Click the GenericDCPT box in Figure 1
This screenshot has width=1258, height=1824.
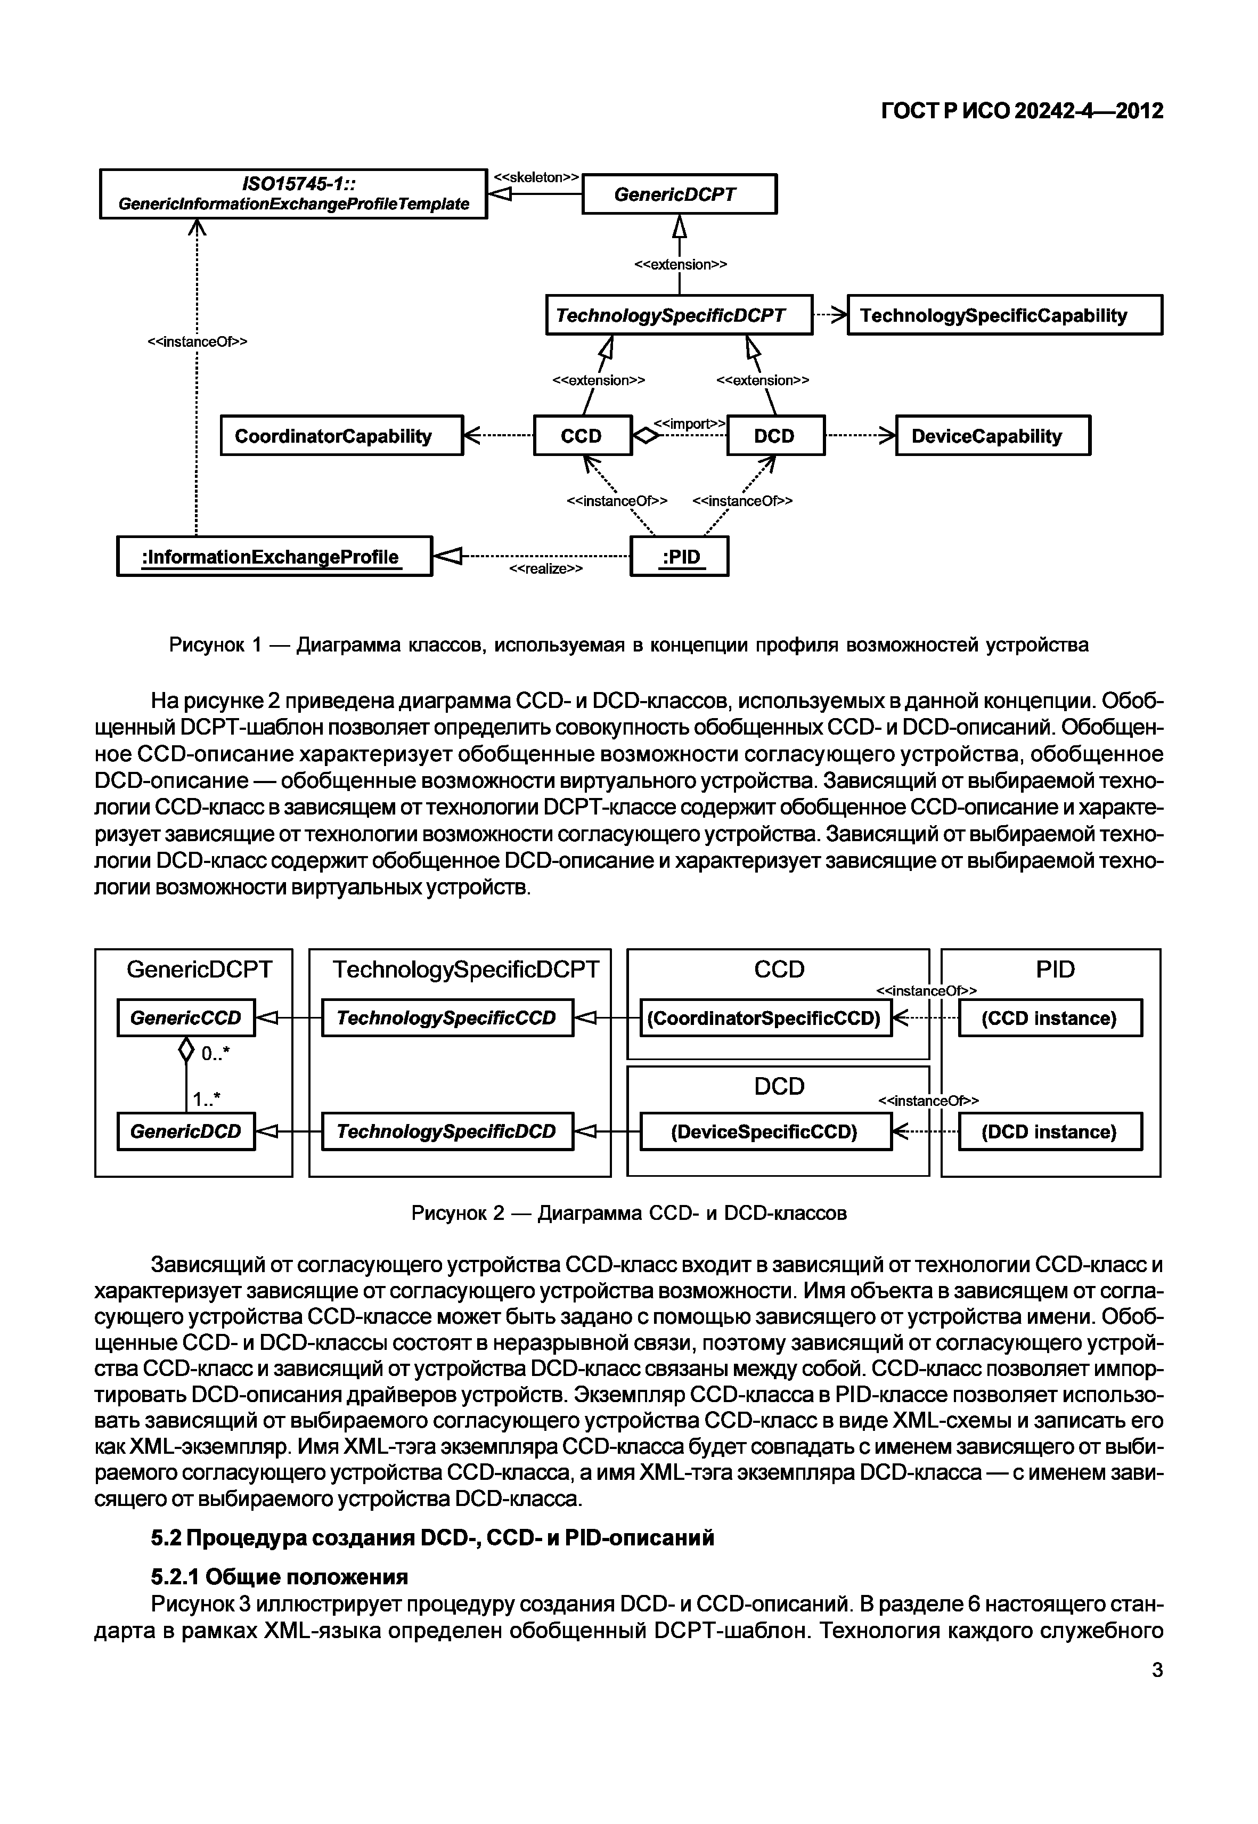tap(679, 194)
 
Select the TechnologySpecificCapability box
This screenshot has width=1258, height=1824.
tap(1004, 315)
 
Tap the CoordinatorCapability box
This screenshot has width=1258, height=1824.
tap(341, 436)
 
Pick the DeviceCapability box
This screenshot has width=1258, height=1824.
tap(992, 436)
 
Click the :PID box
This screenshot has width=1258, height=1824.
tap(680, 557)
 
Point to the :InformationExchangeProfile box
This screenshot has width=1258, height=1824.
tap(274, 557)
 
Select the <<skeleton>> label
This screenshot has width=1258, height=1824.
tap(536, 177)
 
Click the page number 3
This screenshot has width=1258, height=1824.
tap(1156, 1670)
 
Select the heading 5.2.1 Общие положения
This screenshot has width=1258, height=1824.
tap(279, 1576)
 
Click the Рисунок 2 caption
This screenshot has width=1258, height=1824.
tap(628, 1212)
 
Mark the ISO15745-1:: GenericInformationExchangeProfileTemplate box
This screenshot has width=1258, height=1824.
tap(293, 194)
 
